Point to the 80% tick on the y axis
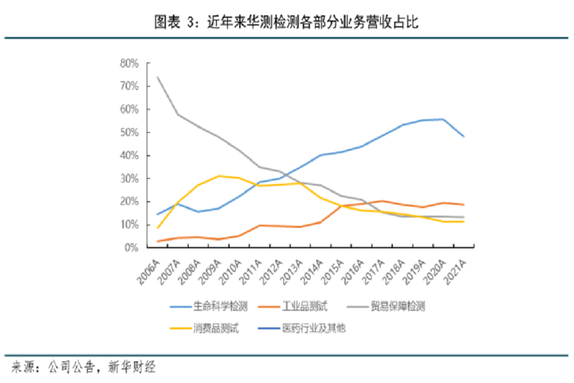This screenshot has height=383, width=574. pos(129,63)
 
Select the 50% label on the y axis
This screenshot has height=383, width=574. pos(129,132)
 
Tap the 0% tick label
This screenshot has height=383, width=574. pos(132,248)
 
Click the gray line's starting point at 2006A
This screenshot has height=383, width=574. pos(157,77)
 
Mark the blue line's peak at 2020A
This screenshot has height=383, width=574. pos(443,119)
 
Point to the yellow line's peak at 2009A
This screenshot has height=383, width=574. pos(219,176)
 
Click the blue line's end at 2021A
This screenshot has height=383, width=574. pos(464,137)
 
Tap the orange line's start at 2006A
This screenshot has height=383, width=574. pos(157,241)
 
